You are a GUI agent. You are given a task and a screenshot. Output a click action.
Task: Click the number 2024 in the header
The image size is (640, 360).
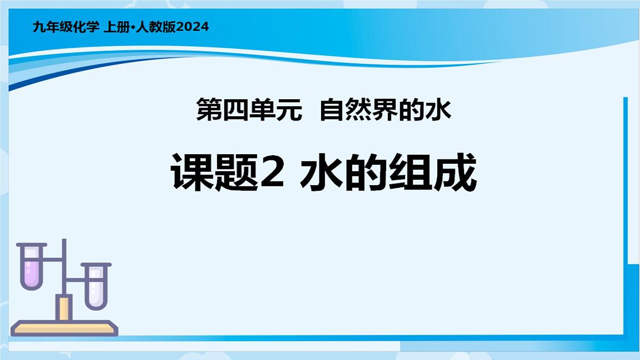pos(192,27)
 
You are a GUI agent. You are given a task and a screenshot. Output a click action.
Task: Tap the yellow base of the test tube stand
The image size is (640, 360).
pos(65,326)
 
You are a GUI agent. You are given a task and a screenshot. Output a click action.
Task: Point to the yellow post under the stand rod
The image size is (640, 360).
pos(65,308)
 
